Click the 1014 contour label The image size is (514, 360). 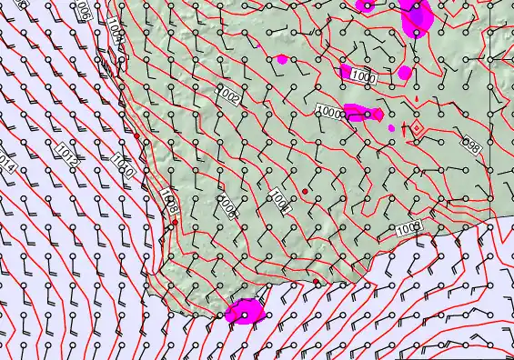click(6, 163)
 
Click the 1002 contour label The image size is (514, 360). click(227, 94)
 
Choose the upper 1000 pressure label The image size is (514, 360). click(363, 78)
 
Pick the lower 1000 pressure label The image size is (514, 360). click(329, 111)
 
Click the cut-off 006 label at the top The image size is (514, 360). click(83, 11)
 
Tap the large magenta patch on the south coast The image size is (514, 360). click(245, 312)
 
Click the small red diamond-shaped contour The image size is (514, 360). click(416, 128)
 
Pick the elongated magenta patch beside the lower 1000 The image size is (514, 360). click(361, 113)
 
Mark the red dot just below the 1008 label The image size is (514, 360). click(175, 222)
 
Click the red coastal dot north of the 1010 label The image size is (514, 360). click(136, 135)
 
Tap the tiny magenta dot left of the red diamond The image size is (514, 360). click(392, 128)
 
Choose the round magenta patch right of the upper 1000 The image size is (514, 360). click(405, 72)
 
